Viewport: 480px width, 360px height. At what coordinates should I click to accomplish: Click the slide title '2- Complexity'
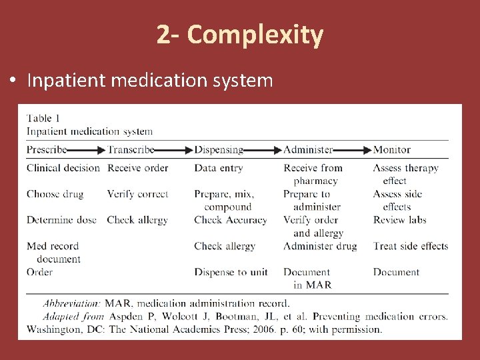(240, 35)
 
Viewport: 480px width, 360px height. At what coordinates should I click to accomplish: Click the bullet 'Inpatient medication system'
(150, 81)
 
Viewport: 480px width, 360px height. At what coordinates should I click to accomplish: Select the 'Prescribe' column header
(47, 150)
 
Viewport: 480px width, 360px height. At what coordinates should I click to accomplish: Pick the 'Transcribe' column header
(131, 150)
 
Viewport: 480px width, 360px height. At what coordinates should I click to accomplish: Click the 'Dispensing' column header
(219, 150)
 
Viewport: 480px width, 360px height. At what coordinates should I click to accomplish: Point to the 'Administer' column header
(308, 150)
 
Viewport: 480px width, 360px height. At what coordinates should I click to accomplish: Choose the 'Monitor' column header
(392, 150)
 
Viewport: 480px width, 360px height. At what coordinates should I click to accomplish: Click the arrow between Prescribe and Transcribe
(87, 150)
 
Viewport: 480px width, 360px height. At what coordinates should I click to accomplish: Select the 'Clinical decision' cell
(63, 168)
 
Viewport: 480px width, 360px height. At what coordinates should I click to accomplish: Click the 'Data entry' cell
(219, 168)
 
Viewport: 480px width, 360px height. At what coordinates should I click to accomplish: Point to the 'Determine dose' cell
(61, 220)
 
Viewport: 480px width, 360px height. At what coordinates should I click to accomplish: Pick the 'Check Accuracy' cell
(231, 220)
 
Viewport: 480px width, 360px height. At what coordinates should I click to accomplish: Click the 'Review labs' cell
(399, 220)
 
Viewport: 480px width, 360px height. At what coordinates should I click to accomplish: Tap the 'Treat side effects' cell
(411, 246)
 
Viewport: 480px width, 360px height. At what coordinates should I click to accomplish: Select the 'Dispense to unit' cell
(231, 272)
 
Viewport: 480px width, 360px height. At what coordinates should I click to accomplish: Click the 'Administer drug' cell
(320, 246)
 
